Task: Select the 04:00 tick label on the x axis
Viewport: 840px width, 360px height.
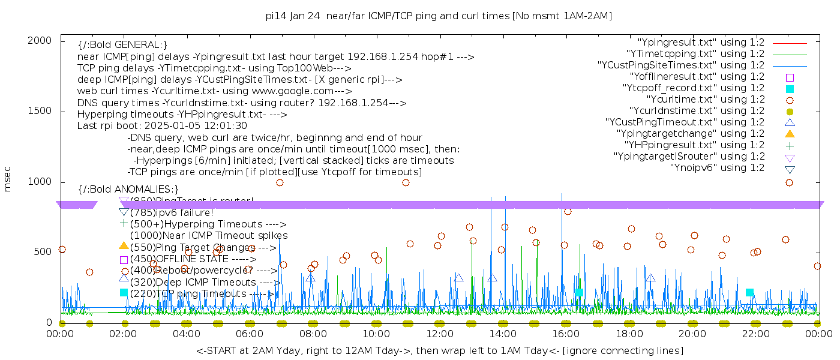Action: tap(187, 334)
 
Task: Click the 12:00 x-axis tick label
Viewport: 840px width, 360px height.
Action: tap(439, 334)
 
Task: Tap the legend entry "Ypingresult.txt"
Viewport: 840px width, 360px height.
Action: tap(700, 43)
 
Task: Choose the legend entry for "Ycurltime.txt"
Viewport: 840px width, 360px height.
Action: tap(705, 100)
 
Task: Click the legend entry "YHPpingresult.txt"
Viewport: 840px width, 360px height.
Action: tap(694, 145)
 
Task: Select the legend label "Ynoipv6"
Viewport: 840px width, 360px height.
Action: tap(717, 168)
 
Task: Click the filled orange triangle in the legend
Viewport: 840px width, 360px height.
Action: tap(790, 134)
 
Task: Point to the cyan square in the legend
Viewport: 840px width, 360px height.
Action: tap(790, 88)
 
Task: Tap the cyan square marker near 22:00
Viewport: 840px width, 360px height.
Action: tap(749, 293)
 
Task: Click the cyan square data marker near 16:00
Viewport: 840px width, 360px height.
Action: tap(579, 293)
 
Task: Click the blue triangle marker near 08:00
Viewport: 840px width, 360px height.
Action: tap(310, 277)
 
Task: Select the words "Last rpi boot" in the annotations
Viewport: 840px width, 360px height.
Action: tap(106, 126)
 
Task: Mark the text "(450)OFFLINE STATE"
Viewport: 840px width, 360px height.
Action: tap(171, 259)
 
